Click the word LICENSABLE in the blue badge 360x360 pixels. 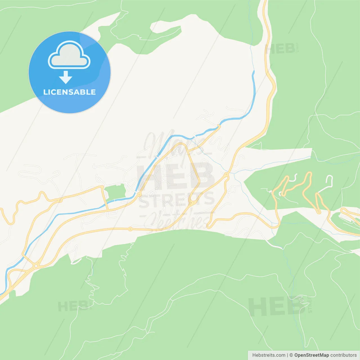click(x=69, y=92)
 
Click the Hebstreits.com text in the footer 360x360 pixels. click(x=269, y=355)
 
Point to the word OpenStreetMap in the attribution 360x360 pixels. click(x=311, y=355)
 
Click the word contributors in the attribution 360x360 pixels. click(x=343, y=355)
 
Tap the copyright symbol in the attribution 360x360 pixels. click(x=291, y=355)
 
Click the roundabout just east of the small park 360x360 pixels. click(x=139, y=194)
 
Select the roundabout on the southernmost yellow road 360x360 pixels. click(x=130, y=229)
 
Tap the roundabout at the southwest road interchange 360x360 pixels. click(x=36, y=265)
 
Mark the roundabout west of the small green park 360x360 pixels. click(x=60, y=200)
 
